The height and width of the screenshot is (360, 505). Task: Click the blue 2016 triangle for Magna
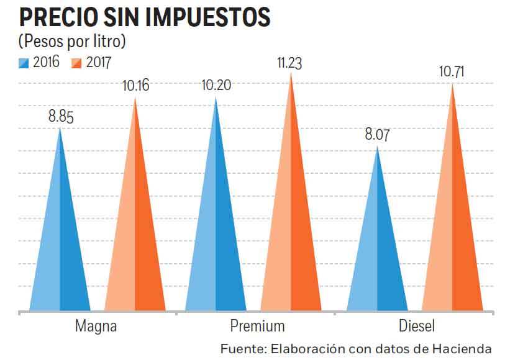tap(60, 248)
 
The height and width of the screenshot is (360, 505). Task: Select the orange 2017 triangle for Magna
tap(135, 236)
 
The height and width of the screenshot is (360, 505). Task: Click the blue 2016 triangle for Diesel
tap(377, 254)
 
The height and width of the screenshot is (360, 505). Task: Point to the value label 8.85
tap(61, 116)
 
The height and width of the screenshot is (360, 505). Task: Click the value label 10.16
tap(136, 86)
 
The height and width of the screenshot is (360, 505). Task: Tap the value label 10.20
tap(216, 85)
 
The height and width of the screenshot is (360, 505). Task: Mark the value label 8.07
tap(377, 135)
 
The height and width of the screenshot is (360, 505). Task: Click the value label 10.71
tap(453, 72)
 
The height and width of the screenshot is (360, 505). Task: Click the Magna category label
tap(96, 326)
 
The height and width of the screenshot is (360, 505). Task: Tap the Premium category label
tap(257, 326)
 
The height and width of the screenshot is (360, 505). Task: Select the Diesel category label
tap(417, 326)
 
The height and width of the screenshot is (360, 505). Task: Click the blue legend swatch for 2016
tap(24, 62)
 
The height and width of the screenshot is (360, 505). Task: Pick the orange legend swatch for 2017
tap(77, 62)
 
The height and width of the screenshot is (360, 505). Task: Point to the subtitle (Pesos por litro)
tap(72, 42)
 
